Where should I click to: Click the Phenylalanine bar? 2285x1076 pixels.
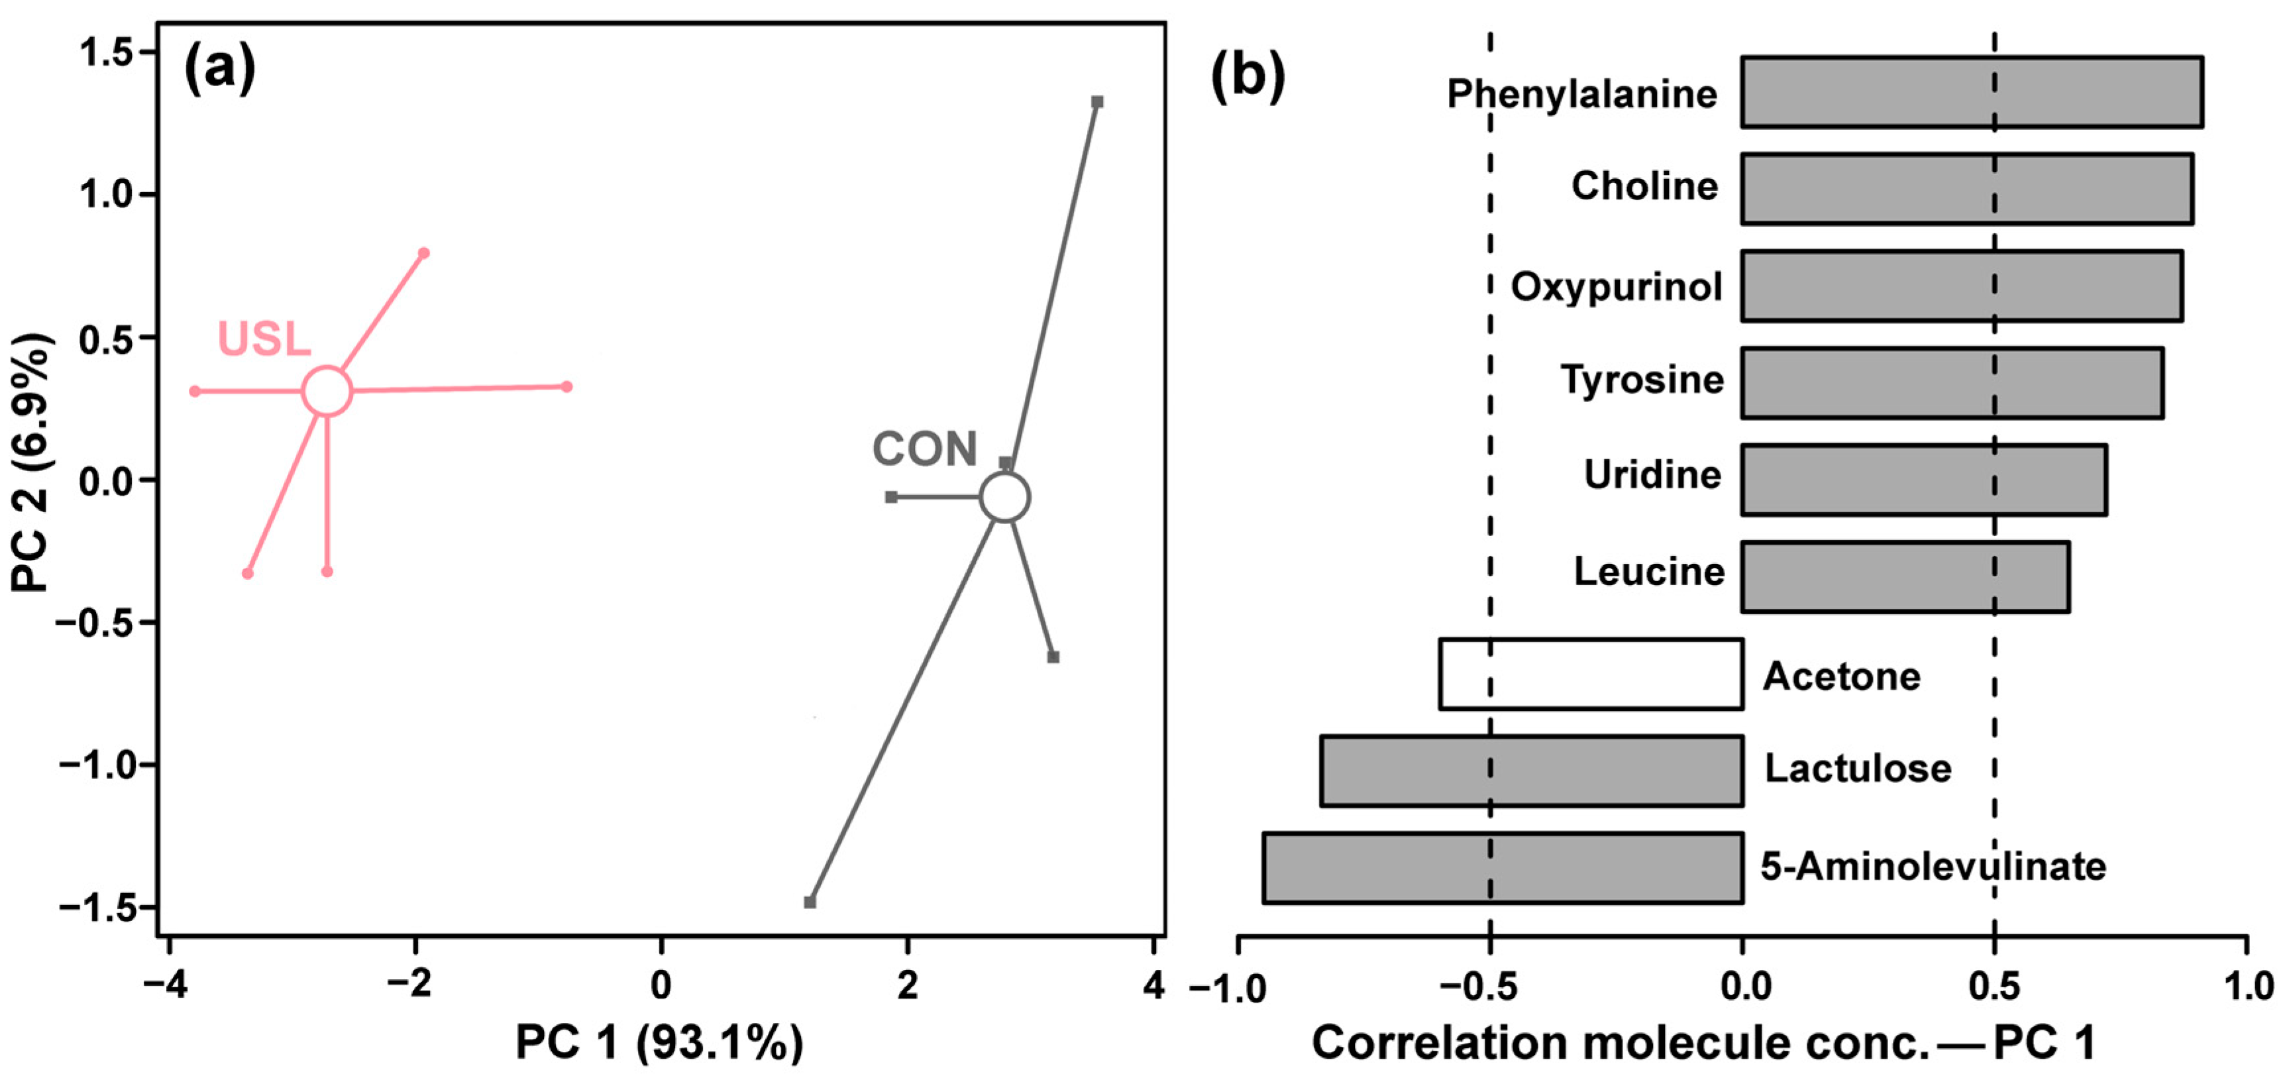[1971, 92]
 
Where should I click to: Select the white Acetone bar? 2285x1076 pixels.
[1591, 674]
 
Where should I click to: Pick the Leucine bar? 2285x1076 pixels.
[1905, 576]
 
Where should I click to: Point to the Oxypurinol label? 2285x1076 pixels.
[1616, 286]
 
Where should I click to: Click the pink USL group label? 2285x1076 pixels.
[264, 339]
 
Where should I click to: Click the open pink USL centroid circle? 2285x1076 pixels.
[327, 390]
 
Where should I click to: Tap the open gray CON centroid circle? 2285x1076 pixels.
[1004, 497]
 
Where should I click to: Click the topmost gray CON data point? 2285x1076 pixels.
[1097, 102]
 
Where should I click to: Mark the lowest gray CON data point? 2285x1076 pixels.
[810, 902]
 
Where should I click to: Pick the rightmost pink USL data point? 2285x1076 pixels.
[567, 387]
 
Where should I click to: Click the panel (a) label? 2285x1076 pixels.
[219, 70]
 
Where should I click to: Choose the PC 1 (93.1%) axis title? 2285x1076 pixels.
[659, 1042]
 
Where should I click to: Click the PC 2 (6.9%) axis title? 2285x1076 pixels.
[32, 461]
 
